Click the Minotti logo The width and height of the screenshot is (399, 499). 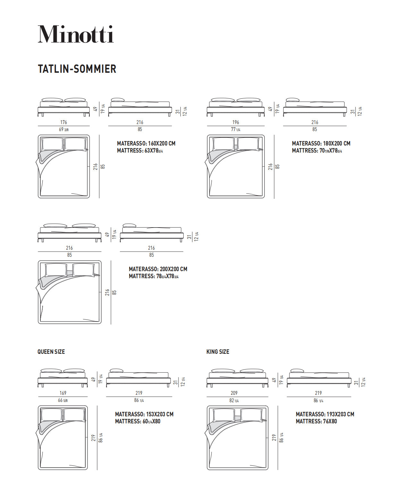click(x=76, y=34)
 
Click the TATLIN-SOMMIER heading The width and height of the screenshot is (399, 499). click(x=77, y=69)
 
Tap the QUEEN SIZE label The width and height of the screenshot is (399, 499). click(x=51, y=352)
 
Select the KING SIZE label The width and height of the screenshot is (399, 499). click(x=218, y=352)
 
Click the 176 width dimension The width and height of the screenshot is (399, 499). click(x=63, y=122)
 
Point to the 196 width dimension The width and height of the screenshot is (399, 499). click(x=236, y=122)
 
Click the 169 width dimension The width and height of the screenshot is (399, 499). click(x=63, y=393)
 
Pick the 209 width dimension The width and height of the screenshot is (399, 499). click(x=234, y=393)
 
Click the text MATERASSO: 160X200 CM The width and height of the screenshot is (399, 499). click(x=146, y=144)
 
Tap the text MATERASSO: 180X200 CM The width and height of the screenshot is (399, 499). click(x=321, y=144)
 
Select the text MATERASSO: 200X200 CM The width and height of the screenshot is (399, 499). click(x=158, y=269)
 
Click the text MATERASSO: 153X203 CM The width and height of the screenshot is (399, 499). click(x=144, y=414)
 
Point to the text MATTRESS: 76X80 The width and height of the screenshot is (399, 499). click(x=316, y=421)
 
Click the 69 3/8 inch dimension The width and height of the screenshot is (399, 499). click(x=63, y=129)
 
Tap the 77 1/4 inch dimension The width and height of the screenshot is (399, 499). click(x=236, y=129)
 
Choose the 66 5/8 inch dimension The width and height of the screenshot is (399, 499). click(x=63, y=400)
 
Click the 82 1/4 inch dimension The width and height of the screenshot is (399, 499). click(x=234, y=401)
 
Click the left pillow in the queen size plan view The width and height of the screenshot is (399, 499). click(x=51, y=415)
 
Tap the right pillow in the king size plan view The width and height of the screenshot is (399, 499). click(x=251, y=415)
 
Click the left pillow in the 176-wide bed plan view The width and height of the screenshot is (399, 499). click(x=52, y=144)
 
